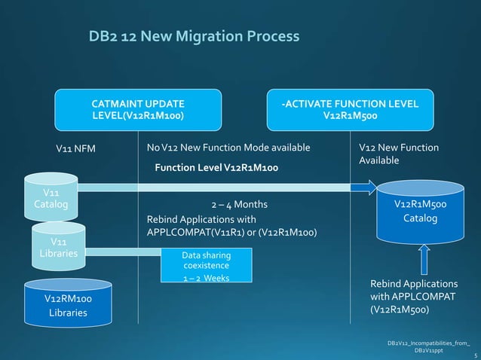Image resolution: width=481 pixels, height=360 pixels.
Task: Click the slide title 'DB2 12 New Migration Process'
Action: pos(194,37)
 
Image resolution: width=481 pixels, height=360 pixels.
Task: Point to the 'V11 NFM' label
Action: pos(76,148)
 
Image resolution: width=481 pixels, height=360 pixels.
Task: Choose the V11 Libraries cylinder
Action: pos(57,247)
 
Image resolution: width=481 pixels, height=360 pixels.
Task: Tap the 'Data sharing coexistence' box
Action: pos(207,261)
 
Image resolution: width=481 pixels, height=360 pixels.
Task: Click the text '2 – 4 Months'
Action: pos(238,204)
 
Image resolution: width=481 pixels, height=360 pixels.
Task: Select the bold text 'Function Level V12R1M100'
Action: pos(216,166)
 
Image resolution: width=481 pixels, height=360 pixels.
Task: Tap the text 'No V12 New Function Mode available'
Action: pos(228,148)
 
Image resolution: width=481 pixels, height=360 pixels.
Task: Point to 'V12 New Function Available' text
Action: pos(399,154)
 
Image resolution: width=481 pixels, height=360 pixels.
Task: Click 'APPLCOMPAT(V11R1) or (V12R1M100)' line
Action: pos(231,233)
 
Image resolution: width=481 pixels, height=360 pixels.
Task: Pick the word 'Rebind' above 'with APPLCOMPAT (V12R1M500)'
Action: pos(386,283)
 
